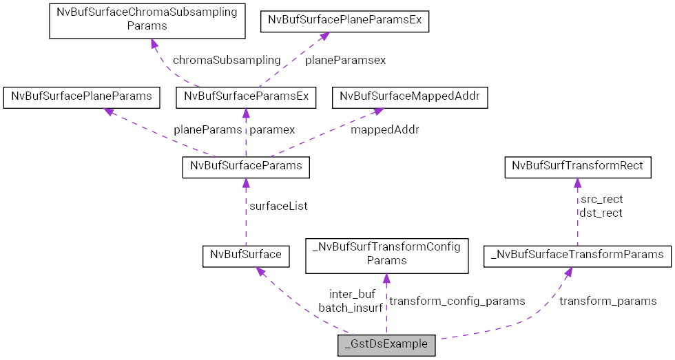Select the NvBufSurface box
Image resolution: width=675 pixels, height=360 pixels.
[x=245, y=255]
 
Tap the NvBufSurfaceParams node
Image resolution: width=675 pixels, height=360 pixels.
[x=246, y=167]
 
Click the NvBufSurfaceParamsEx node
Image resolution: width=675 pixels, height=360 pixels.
[x=246, y=97]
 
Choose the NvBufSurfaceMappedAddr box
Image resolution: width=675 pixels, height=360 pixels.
[x=410, y=97]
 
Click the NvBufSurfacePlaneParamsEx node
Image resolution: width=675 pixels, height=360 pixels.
[x=344, y=21]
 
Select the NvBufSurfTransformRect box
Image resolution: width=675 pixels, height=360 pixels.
[x=578, y=167]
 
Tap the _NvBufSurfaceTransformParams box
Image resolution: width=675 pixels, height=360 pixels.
[x=577, y=255]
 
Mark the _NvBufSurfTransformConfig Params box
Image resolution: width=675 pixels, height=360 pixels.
[x=386, y=254]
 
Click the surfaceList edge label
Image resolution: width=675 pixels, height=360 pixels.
[x=278, y=206]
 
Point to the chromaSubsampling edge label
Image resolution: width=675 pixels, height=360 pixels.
[x=227, y=60]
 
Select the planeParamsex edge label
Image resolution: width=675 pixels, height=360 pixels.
[x=345, y=60]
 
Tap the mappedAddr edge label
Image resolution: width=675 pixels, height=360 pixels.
[x=384, y=129]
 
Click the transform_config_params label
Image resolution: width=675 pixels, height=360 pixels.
[x=457, y=301]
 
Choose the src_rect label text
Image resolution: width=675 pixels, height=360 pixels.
[x=601, y=200]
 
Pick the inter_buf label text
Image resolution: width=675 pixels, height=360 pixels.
[x=352, y=295]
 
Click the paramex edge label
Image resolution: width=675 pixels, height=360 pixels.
[x=272, y=129]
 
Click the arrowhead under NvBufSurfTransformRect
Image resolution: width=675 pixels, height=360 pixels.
[x=577, y=182]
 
